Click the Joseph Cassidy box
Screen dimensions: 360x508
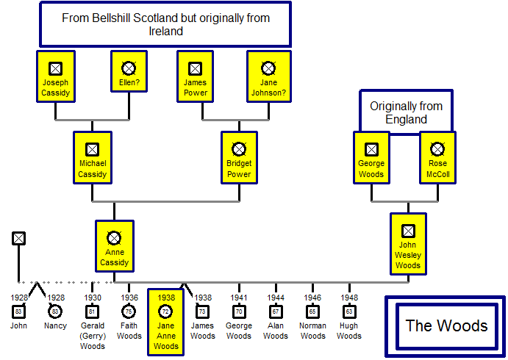tap(55, 76)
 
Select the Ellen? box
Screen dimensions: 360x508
tap(129, 76)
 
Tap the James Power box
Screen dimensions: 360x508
tap(195, 76)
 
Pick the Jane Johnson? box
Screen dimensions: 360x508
tap(268, 76)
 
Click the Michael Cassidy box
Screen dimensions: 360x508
tap(92, 157)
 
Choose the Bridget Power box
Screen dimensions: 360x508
tap(239, 157)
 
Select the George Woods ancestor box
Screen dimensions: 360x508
tap(371, 157)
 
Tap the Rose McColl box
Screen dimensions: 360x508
tap(437, 157)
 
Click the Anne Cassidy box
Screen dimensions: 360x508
tap(114, 246)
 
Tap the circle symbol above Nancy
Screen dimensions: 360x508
tap(55, 312)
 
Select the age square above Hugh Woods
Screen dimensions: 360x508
tap(349, 312)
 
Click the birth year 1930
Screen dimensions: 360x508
tap(92, 298)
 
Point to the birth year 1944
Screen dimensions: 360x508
tap(276, 298)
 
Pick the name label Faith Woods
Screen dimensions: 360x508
tap(129, 331)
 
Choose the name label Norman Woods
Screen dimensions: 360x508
tap(312, 331)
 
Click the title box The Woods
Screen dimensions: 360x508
tap(446, 326)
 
